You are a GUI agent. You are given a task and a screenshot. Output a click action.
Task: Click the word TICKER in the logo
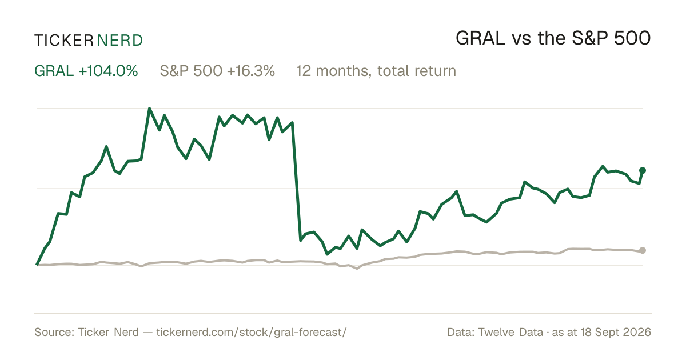pyautogui.click(x=64, y=41)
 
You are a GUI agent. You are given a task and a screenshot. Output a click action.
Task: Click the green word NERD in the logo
pyautogui.click(x=119, y=41)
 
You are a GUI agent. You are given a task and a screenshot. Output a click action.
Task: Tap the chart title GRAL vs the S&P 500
pyautogui.click(x=553, y=39)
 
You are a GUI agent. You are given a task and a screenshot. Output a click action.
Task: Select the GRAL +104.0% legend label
pyautogui.click(x=86, y=71)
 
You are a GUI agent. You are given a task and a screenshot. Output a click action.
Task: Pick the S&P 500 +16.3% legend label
pyautogui.click(x=217, y=71)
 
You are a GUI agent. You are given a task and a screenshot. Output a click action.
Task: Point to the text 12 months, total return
pyautogui.click(x=376, y=71)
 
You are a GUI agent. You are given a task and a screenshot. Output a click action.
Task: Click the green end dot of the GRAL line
pyautogui.click(x=643, y=170)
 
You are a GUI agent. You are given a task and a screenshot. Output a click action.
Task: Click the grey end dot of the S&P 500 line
pyautogui.click(x=643, y=250)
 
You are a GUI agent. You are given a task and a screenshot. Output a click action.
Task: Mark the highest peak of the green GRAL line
pyautogui.click(x=149, y=109)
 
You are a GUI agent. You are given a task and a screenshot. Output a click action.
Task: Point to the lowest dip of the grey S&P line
pyautogui.click(x=357, y=269)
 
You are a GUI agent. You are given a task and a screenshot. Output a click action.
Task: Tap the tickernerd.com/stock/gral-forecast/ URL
pyautogui.click(x=252, y=332)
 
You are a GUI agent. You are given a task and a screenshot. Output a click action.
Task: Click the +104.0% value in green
pyautogui.click(x=109, y=71)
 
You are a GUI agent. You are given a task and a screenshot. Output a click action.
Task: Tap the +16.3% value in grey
pyautogui.click(x=251, y=71)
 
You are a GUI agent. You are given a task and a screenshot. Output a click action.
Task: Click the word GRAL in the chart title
pyautogui.click(x=481, y=39)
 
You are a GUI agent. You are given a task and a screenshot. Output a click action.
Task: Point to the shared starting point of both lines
pyautogui.click(x=37, y=265)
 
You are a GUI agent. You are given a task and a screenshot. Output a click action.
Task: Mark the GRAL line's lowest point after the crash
pyautogui.click(x=327, y=254)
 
